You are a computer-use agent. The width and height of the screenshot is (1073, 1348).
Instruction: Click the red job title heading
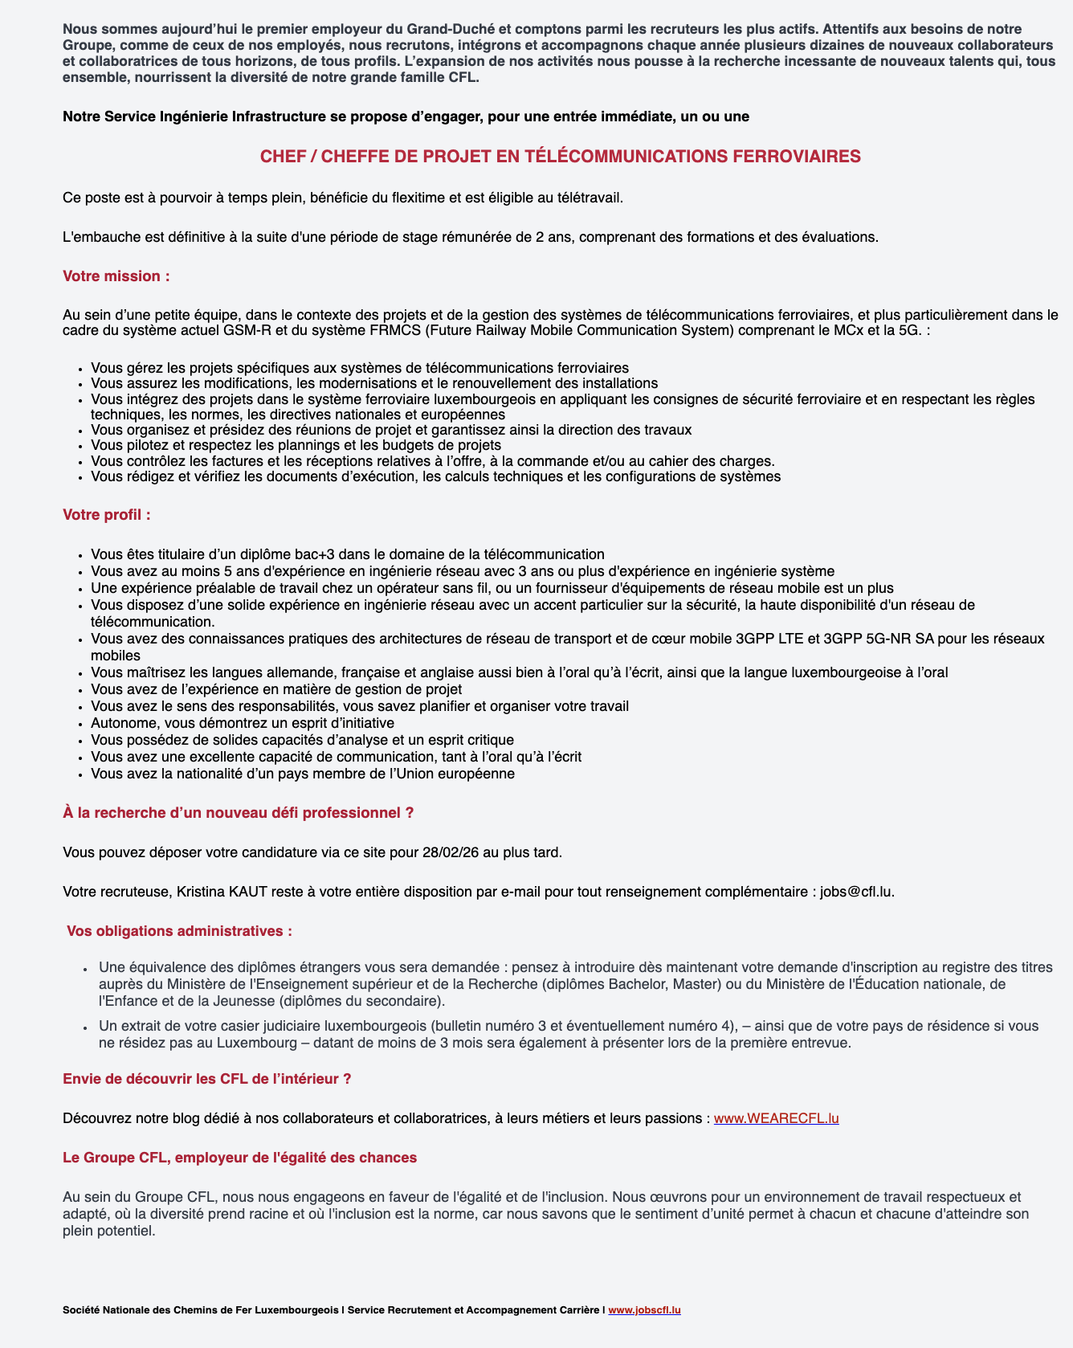coord(560,157)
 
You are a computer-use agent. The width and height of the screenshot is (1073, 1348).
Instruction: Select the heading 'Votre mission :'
coord(116,276)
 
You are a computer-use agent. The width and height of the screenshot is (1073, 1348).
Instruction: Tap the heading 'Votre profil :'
coord(107,515)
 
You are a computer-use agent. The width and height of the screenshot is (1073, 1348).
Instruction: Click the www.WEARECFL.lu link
coord(776,1118)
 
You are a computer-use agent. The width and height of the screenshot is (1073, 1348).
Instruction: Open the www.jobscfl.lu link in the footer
coord(644,1309)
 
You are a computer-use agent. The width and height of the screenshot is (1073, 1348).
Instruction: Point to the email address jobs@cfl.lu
coord(856,892)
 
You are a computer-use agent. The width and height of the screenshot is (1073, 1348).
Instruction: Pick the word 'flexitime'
coord(441,198)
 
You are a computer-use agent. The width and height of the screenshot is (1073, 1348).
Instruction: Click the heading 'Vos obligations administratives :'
coord(179,931)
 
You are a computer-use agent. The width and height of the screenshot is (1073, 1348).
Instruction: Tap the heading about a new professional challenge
coord(238,813)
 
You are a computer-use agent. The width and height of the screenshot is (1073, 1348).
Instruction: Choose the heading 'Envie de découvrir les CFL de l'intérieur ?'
coord(206,1079)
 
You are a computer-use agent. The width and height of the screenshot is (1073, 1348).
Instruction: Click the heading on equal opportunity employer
coord(239,1158)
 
